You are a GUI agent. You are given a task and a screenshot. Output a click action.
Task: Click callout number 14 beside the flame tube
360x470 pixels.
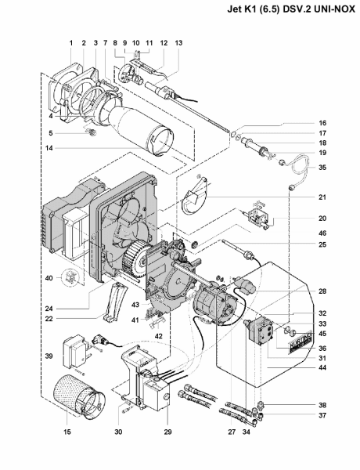49,148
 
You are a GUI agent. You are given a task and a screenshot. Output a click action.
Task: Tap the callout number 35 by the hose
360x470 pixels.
322,168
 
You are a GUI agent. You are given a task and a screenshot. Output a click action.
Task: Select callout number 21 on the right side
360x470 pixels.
322,197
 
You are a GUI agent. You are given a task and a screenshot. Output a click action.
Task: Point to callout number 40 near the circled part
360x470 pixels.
49,278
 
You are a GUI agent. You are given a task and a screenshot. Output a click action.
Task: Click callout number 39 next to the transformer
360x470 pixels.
49,356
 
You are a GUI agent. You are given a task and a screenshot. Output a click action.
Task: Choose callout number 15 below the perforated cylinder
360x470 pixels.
67,432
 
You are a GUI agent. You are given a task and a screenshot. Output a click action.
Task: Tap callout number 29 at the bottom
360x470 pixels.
167,432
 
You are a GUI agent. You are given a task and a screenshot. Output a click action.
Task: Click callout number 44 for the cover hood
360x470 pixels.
322,368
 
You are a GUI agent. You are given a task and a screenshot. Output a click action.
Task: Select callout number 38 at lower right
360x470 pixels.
322,405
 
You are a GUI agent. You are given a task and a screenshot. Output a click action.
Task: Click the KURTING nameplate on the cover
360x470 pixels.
300,346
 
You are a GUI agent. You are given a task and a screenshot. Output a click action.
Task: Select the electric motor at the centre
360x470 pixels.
214,303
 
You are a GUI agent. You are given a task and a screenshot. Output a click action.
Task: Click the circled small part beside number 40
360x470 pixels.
70,278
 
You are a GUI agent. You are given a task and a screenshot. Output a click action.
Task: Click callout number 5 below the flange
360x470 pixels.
51,133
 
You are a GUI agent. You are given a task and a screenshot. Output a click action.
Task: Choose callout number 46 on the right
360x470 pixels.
322,233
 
